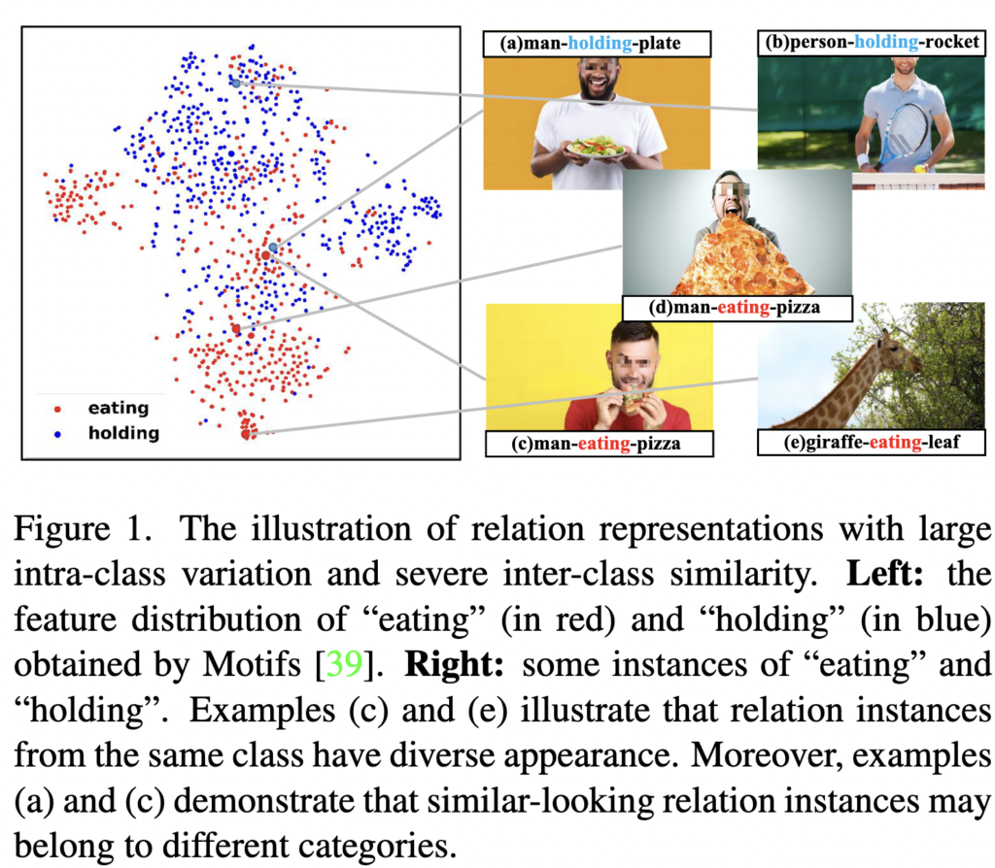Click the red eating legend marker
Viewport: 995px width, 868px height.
point(57,410)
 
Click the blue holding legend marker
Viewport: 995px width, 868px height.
point(57,434)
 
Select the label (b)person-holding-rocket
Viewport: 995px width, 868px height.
point(872,42)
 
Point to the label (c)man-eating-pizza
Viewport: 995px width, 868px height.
point(596,443)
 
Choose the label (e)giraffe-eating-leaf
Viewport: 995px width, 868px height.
point(872,442)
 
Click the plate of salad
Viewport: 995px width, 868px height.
point(597,148)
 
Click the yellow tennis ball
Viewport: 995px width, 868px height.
point(919,169)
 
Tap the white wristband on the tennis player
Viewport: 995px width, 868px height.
point(863,160)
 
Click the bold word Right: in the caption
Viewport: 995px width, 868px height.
point(455,664)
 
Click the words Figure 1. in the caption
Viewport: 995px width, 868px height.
point(84,529)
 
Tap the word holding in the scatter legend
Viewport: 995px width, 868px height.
point(123,434)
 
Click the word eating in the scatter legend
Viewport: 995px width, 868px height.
point(119,409)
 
